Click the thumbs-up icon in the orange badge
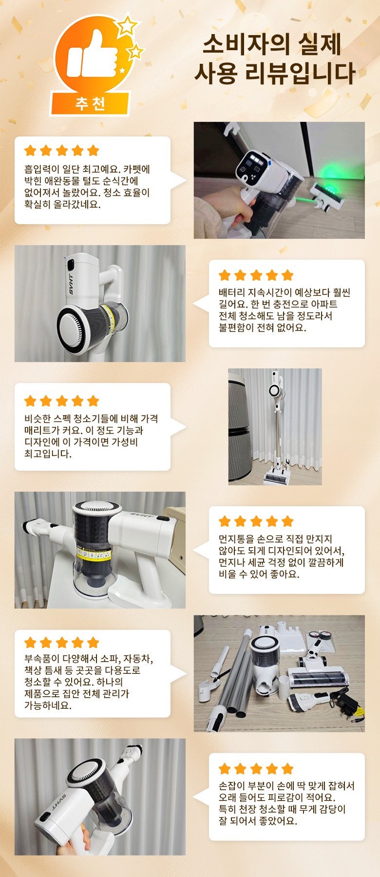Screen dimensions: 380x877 click(x=92, y=55)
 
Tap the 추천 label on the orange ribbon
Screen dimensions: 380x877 click(x=90, y=103)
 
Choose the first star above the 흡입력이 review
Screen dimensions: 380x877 click(x=30, y=151)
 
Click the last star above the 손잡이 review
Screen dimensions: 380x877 click(x=288, y=769)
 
